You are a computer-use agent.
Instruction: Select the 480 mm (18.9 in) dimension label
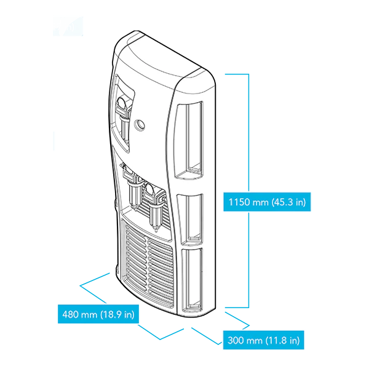pos(98,314)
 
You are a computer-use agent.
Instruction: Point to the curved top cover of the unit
pos(165,52)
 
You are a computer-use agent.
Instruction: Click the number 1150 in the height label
pos(239,202)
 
